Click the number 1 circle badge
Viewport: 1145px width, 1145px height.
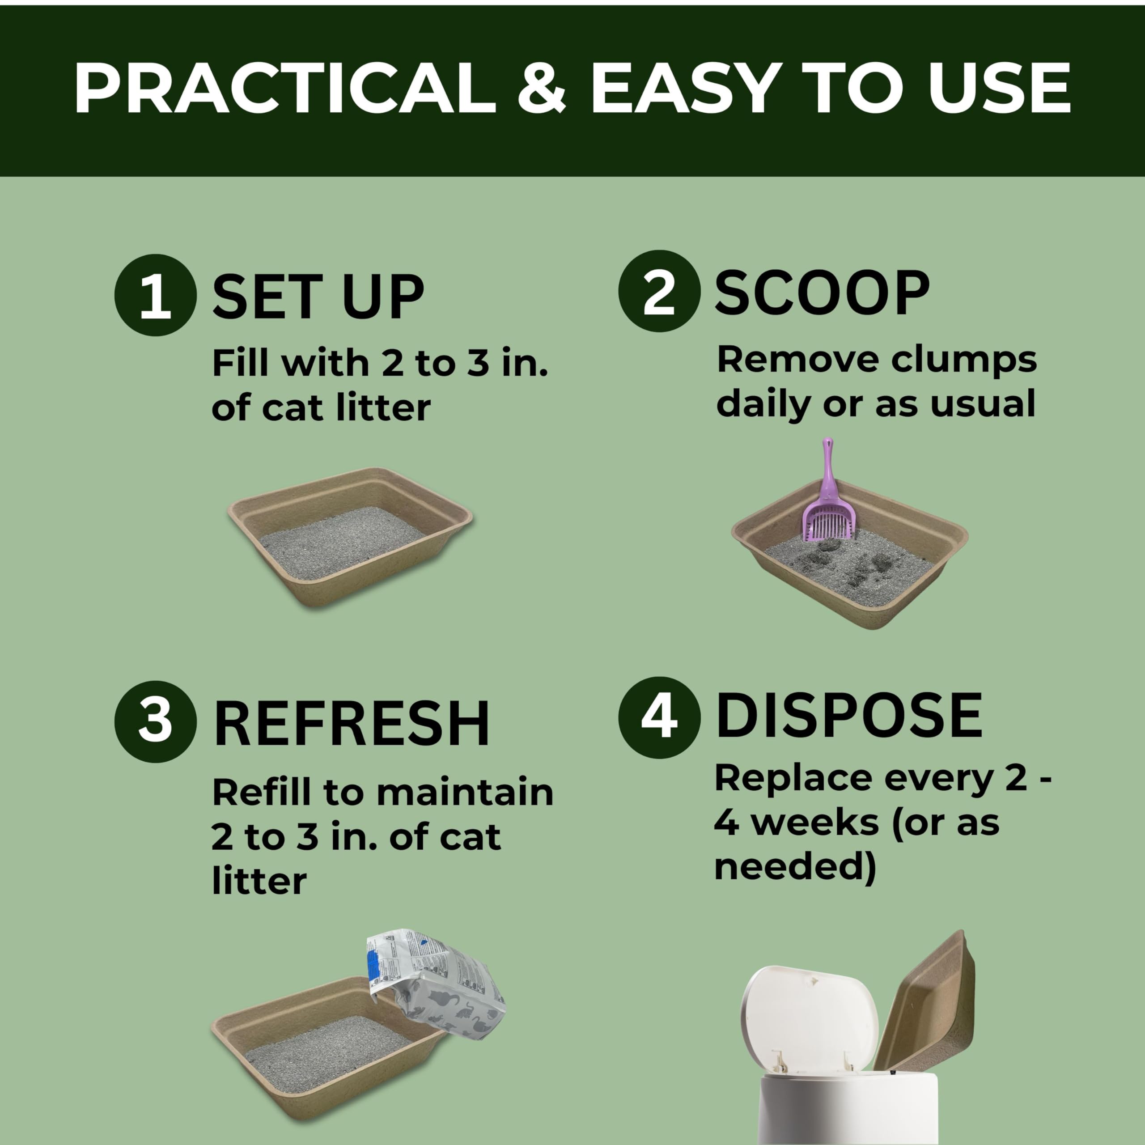pyautogui.click(x=155, y=295)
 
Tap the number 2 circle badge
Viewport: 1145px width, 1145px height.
pyautogui.click(x=659, y=291)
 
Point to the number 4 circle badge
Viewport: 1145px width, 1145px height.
pyautogui.click(x=659, y=717)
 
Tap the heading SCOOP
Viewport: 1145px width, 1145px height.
pyautogui.click(x=822, y=293)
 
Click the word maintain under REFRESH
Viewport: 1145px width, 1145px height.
pyautogui.click(x=465, y=793)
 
